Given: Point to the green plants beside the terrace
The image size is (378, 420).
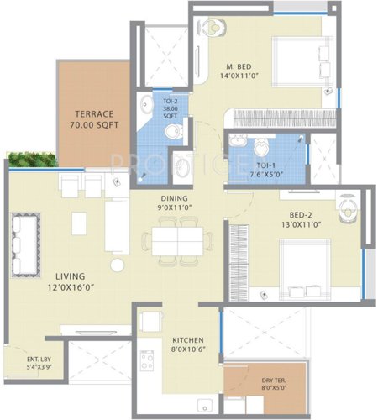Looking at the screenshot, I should click(32, 159).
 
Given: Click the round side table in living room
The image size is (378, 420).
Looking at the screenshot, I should click(118, 265).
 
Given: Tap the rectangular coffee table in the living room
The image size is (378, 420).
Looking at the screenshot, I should click(79, 223).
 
